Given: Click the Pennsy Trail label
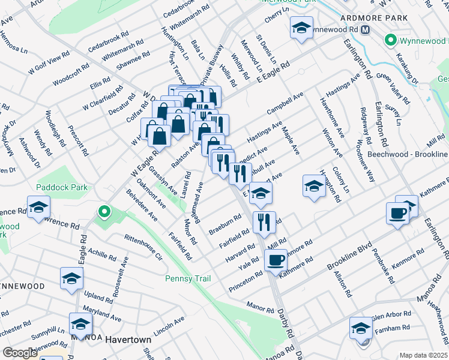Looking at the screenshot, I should point(187,278).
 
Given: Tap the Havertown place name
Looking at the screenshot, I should point(128,340).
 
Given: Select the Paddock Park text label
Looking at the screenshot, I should point(62,187).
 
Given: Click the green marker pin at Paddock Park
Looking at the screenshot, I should point(104,211).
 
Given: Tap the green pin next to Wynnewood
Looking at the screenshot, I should point(391,41).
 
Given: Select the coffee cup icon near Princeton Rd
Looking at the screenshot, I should point(276,260).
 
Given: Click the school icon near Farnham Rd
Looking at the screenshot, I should point(361,328).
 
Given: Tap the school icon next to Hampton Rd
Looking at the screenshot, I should point(313,185).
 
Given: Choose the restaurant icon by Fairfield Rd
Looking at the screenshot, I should point(264,221).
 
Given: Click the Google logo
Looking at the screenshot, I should point(20,353).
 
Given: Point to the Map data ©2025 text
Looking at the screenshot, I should point(423,355).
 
